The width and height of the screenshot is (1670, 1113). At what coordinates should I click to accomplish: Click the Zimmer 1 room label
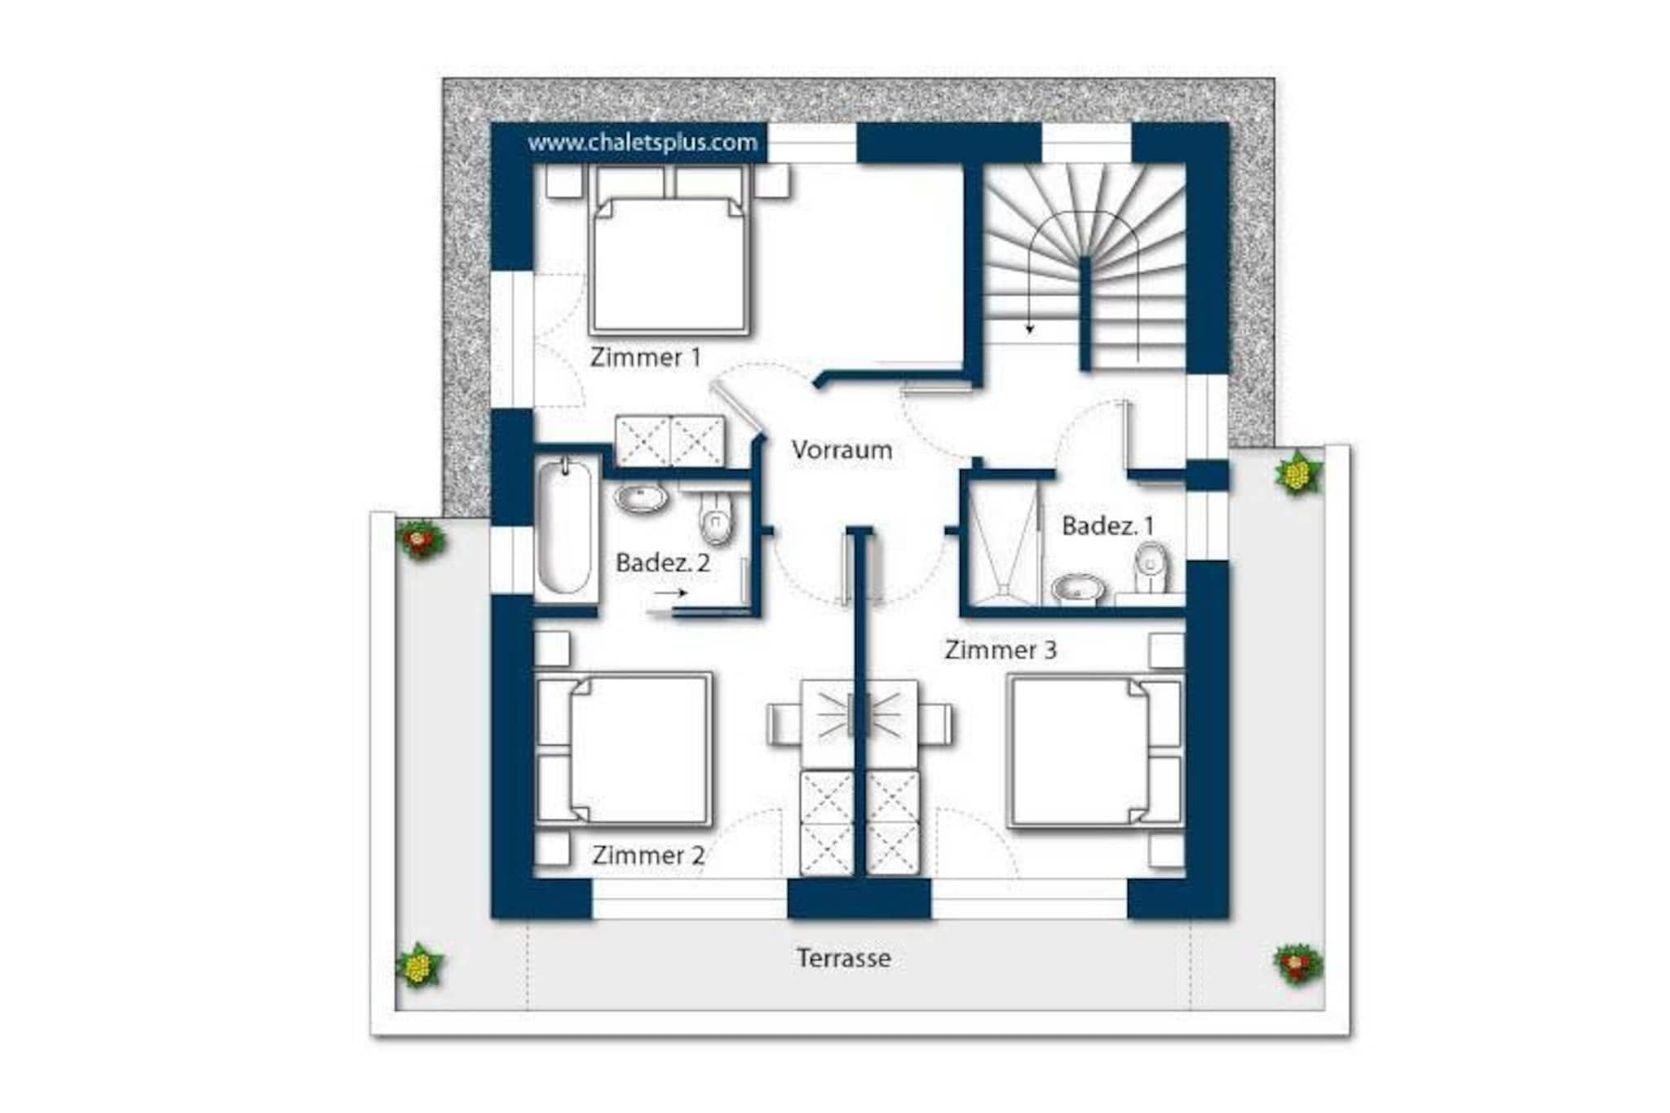[645, 357]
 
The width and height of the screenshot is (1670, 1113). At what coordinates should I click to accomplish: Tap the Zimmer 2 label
[648, 855]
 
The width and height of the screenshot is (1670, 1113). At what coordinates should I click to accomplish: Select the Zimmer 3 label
[1001, 650]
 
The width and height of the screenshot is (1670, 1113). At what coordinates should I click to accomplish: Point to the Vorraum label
[842, 449]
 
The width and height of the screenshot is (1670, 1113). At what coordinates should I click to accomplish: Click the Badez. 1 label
[1108, 526]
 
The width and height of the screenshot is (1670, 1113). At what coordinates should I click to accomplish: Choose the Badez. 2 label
[663, 563]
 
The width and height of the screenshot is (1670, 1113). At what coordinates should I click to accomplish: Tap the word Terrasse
[843, 957]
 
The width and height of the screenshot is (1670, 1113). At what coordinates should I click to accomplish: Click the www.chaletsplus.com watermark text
[643, 143]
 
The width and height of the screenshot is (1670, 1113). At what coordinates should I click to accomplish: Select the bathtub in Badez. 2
[565, 526]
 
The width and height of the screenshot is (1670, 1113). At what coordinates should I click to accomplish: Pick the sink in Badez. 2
[641, 497]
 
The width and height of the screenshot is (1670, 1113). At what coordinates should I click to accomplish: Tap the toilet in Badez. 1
[1151, 568]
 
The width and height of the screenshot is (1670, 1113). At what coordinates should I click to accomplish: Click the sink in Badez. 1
[1078, 587]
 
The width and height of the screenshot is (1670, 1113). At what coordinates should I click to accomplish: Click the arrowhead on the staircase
[1030, 329]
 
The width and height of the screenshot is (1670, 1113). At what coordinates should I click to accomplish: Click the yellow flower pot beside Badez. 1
[1297, 474]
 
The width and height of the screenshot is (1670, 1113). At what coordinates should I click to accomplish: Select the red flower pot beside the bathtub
[420, 539]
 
